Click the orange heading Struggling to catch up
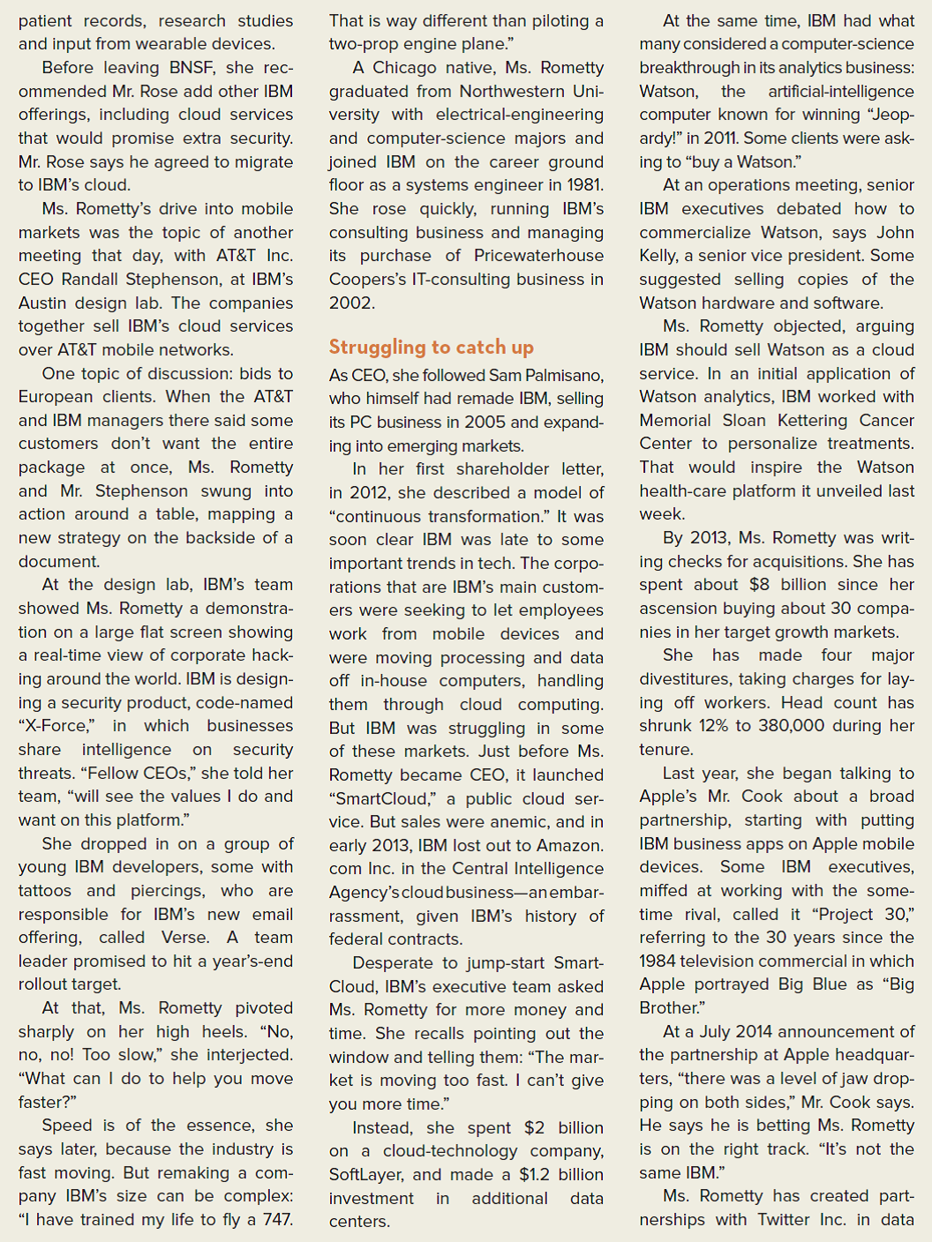pos(431,347)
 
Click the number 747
pos(277,1220)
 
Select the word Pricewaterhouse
pos(538,256)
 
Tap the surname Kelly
pos(659,256)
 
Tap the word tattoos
pos(45,891)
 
